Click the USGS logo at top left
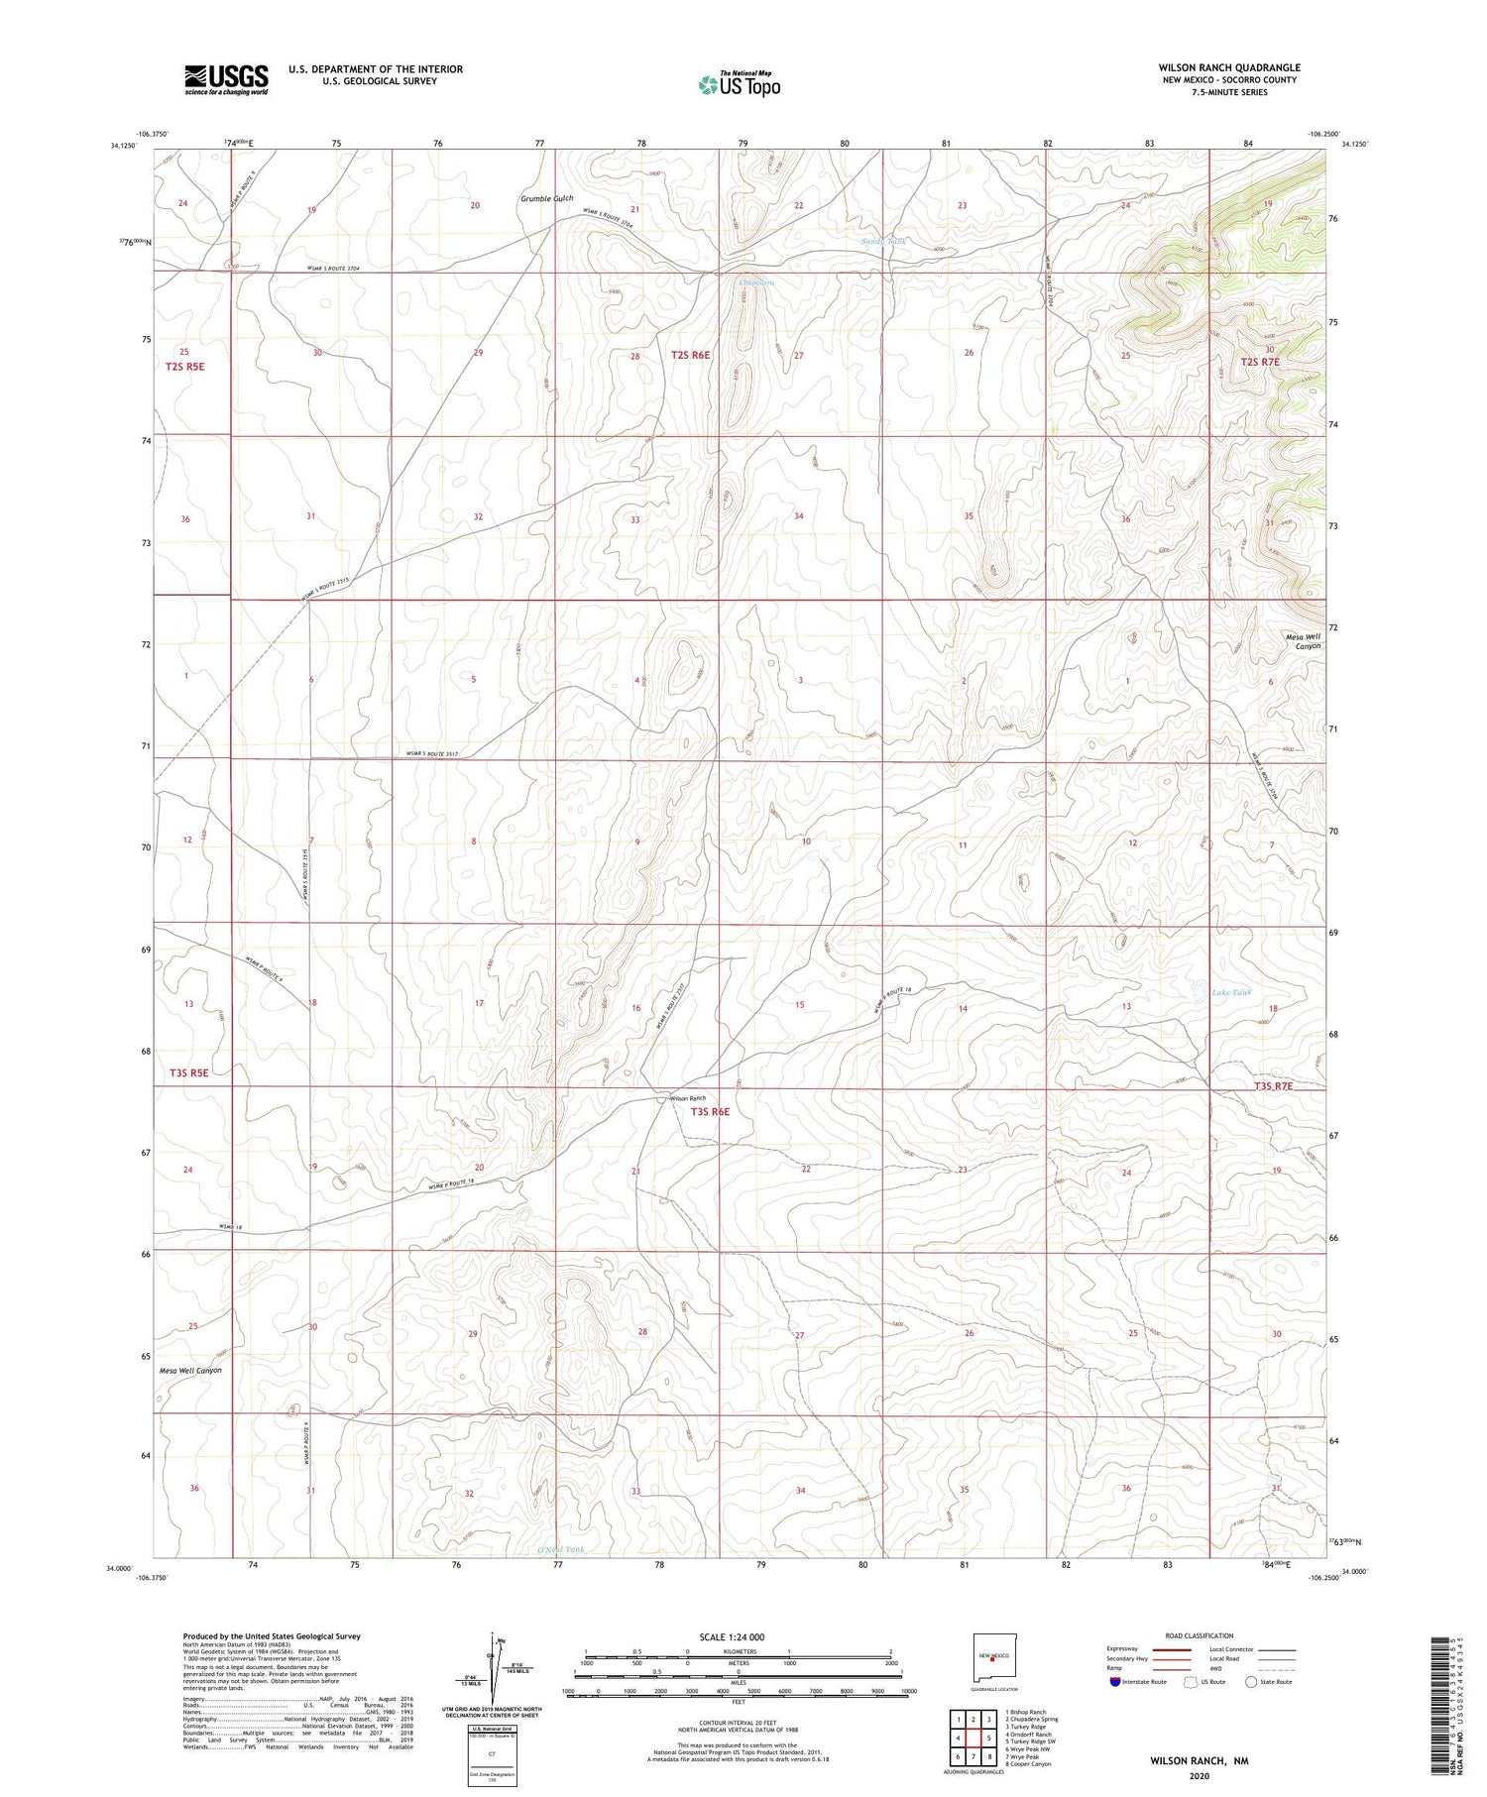coord(226,79)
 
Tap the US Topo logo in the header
coord(739,85)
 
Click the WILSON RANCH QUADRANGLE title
coord(1228,67)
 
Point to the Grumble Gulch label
coord(546,199)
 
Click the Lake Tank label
coord(1231,992)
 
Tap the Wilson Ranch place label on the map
coord(688,1098)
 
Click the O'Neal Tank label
coord(560,1549)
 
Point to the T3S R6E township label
coord(710,1112)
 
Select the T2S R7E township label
coord(1260,363)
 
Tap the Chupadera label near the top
coord(756,282)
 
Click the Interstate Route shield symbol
coord(1114,1682)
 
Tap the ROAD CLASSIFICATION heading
coord(1200,1635)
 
